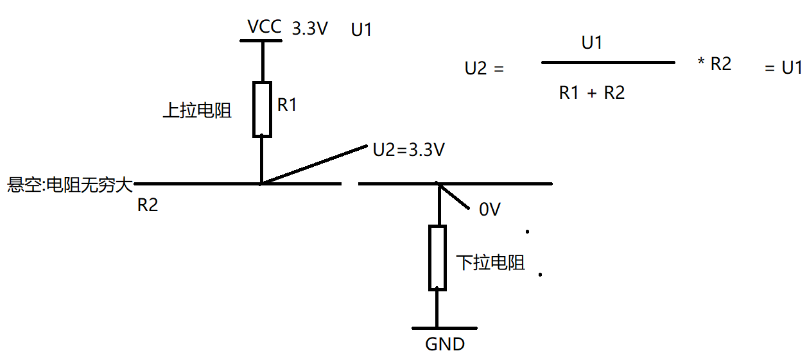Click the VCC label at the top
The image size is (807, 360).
pos(264,28)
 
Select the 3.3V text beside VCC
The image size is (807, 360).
pos(310,29)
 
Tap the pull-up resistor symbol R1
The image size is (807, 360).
pos(263,109)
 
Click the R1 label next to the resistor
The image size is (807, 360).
pos(287,105)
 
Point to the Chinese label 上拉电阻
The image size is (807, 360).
pos(197,110)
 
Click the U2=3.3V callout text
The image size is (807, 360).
pos(409,150)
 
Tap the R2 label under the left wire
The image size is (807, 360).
pos(148,205)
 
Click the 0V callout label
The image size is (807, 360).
pos(489,209)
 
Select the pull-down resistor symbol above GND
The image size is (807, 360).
pos(437,258)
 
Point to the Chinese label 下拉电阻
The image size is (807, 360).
pos(491,262)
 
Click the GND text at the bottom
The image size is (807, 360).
pos(445,344)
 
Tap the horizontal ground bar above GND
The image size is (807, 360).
pos(444,327)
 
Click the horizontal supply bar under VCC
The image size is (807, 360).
pos(261,41)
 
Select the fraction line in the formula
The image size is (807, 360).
pos(608,62)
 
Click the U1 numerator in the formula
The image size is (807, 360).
pos(591,44)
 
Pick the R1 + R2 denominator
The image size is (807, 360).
pos(591,93)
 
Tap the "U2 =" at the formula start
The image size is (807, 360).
pos(484,68)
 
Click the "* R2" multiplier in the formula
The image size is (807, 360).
pos(715,64)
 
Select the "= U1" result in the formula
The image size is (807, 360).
pos(783,68)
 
